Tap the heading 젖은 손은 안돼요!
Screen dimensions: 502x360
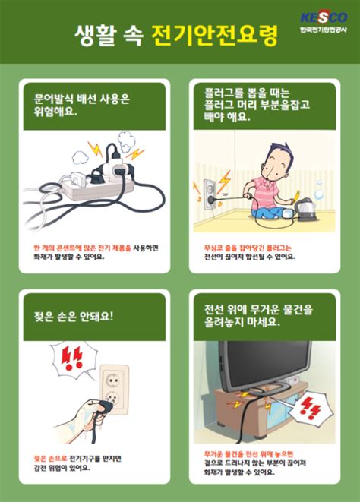(x=73, y=314)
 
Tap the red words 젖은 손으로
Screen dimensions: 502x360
(x=50, y=458)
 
